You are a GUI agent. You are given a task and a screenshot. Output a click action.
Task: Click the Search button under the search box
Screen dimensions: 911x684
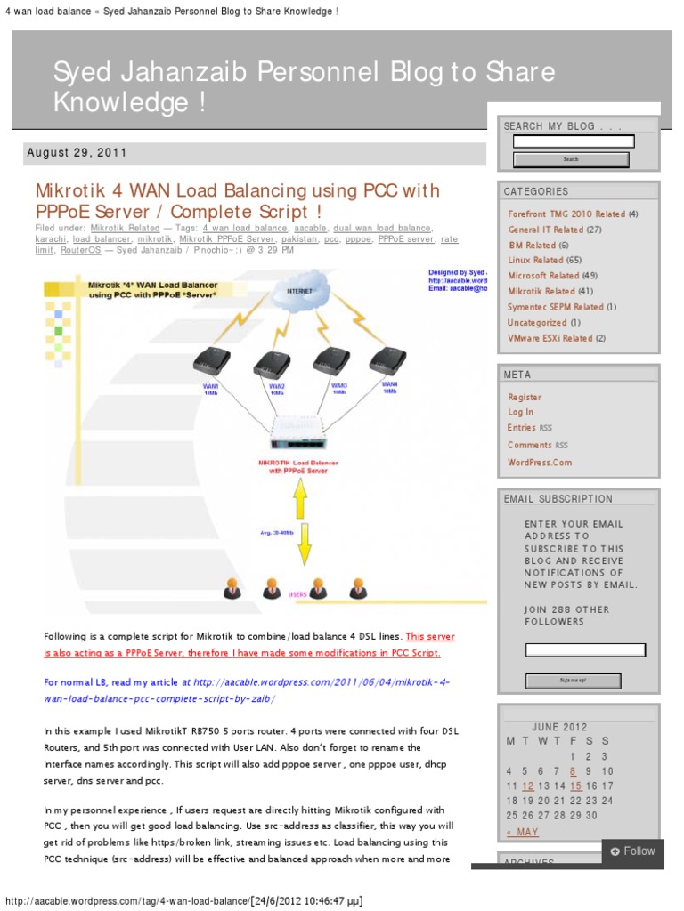pyautogui.click(x=571, y=159)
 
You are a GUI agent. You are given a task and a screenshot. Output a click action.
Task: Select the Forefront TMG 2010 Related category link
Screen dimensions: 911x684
pyautogui.click(x=566, y=214)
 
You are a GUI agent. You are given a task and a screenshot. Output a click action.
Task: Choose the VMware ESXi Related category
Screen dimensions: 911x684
pyautogui.click(x=550, y=338)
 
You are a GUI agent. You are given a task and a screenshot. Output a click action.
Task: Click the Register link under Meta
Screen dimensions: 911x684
pyautogui.click(x=525, y=398)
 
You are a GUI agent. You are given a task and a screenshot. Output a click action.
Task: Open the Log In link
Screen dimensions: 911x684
pyautogui.click(x=521, y=413)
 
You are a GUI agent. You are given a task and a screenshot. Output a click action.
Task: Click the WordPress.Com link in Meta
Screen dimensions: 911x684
pyautogui.click(x=540, y=463)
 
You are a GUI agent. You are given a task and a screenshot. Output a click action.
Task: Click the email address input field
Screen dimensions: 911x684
pyautogui.click(x=585, y=650)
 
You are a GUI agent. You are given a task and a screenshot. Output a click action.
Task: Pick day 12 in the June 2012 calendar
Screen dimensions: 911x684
pyautogui.click(x=528, y=786)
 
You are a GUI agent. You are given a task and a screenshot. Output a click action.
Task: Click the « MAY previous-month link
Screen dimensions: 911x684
pyautogui.click(x=523, y=833)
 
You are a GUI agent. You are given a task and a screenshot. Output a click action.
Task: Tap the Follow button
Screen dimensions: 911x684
pyautogui.click(x=632, y=851)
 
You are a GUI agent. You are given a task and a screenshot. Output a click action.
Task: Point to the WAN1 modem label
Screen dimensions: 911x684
pyautogui.click(x=210, y=388)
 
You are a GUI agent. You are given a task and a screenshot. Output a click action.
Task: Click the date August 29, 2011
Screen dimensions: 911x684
pyautogui.click(x=77, y=153)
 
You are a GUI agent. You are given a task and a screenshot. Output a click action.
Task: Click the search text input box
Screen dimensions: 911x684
pyautogui.click(x=574, y=141)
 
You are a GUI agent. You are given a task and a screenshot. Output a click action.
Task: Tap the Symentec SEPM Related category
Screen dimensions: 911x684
pyautogui.click(x=555, y=307)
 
